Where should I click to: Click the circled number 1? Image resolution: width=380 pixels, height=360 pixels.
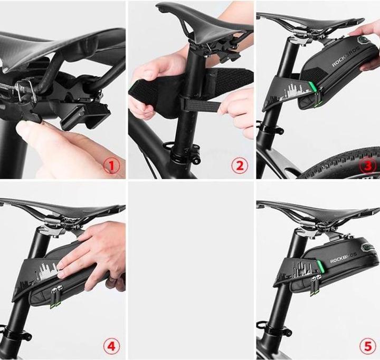click(x=111, y=167)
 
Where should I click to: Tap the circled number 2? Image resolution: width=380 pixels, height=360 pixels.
click(x=239, y=167)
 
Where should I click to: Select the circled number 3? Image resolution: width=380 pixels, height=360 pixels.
click(x=368, y=167)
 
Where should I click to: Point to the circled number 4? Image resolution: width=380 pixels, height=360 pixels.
click(x=111, y=346)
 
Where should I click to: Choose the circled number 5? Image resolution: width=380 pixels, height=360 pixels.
click(x=368, y=346)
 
